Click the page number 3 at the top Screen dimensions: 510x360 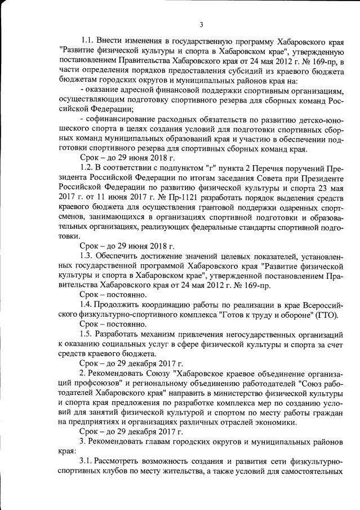(201, 24)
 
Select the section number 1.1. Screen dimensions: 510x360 (89, 41)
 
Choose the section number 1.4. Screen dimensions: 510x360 (89, 306)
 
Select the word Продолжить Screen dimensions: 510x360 (123, 306)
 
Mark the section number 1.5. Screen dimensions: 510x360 (89, 335)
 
